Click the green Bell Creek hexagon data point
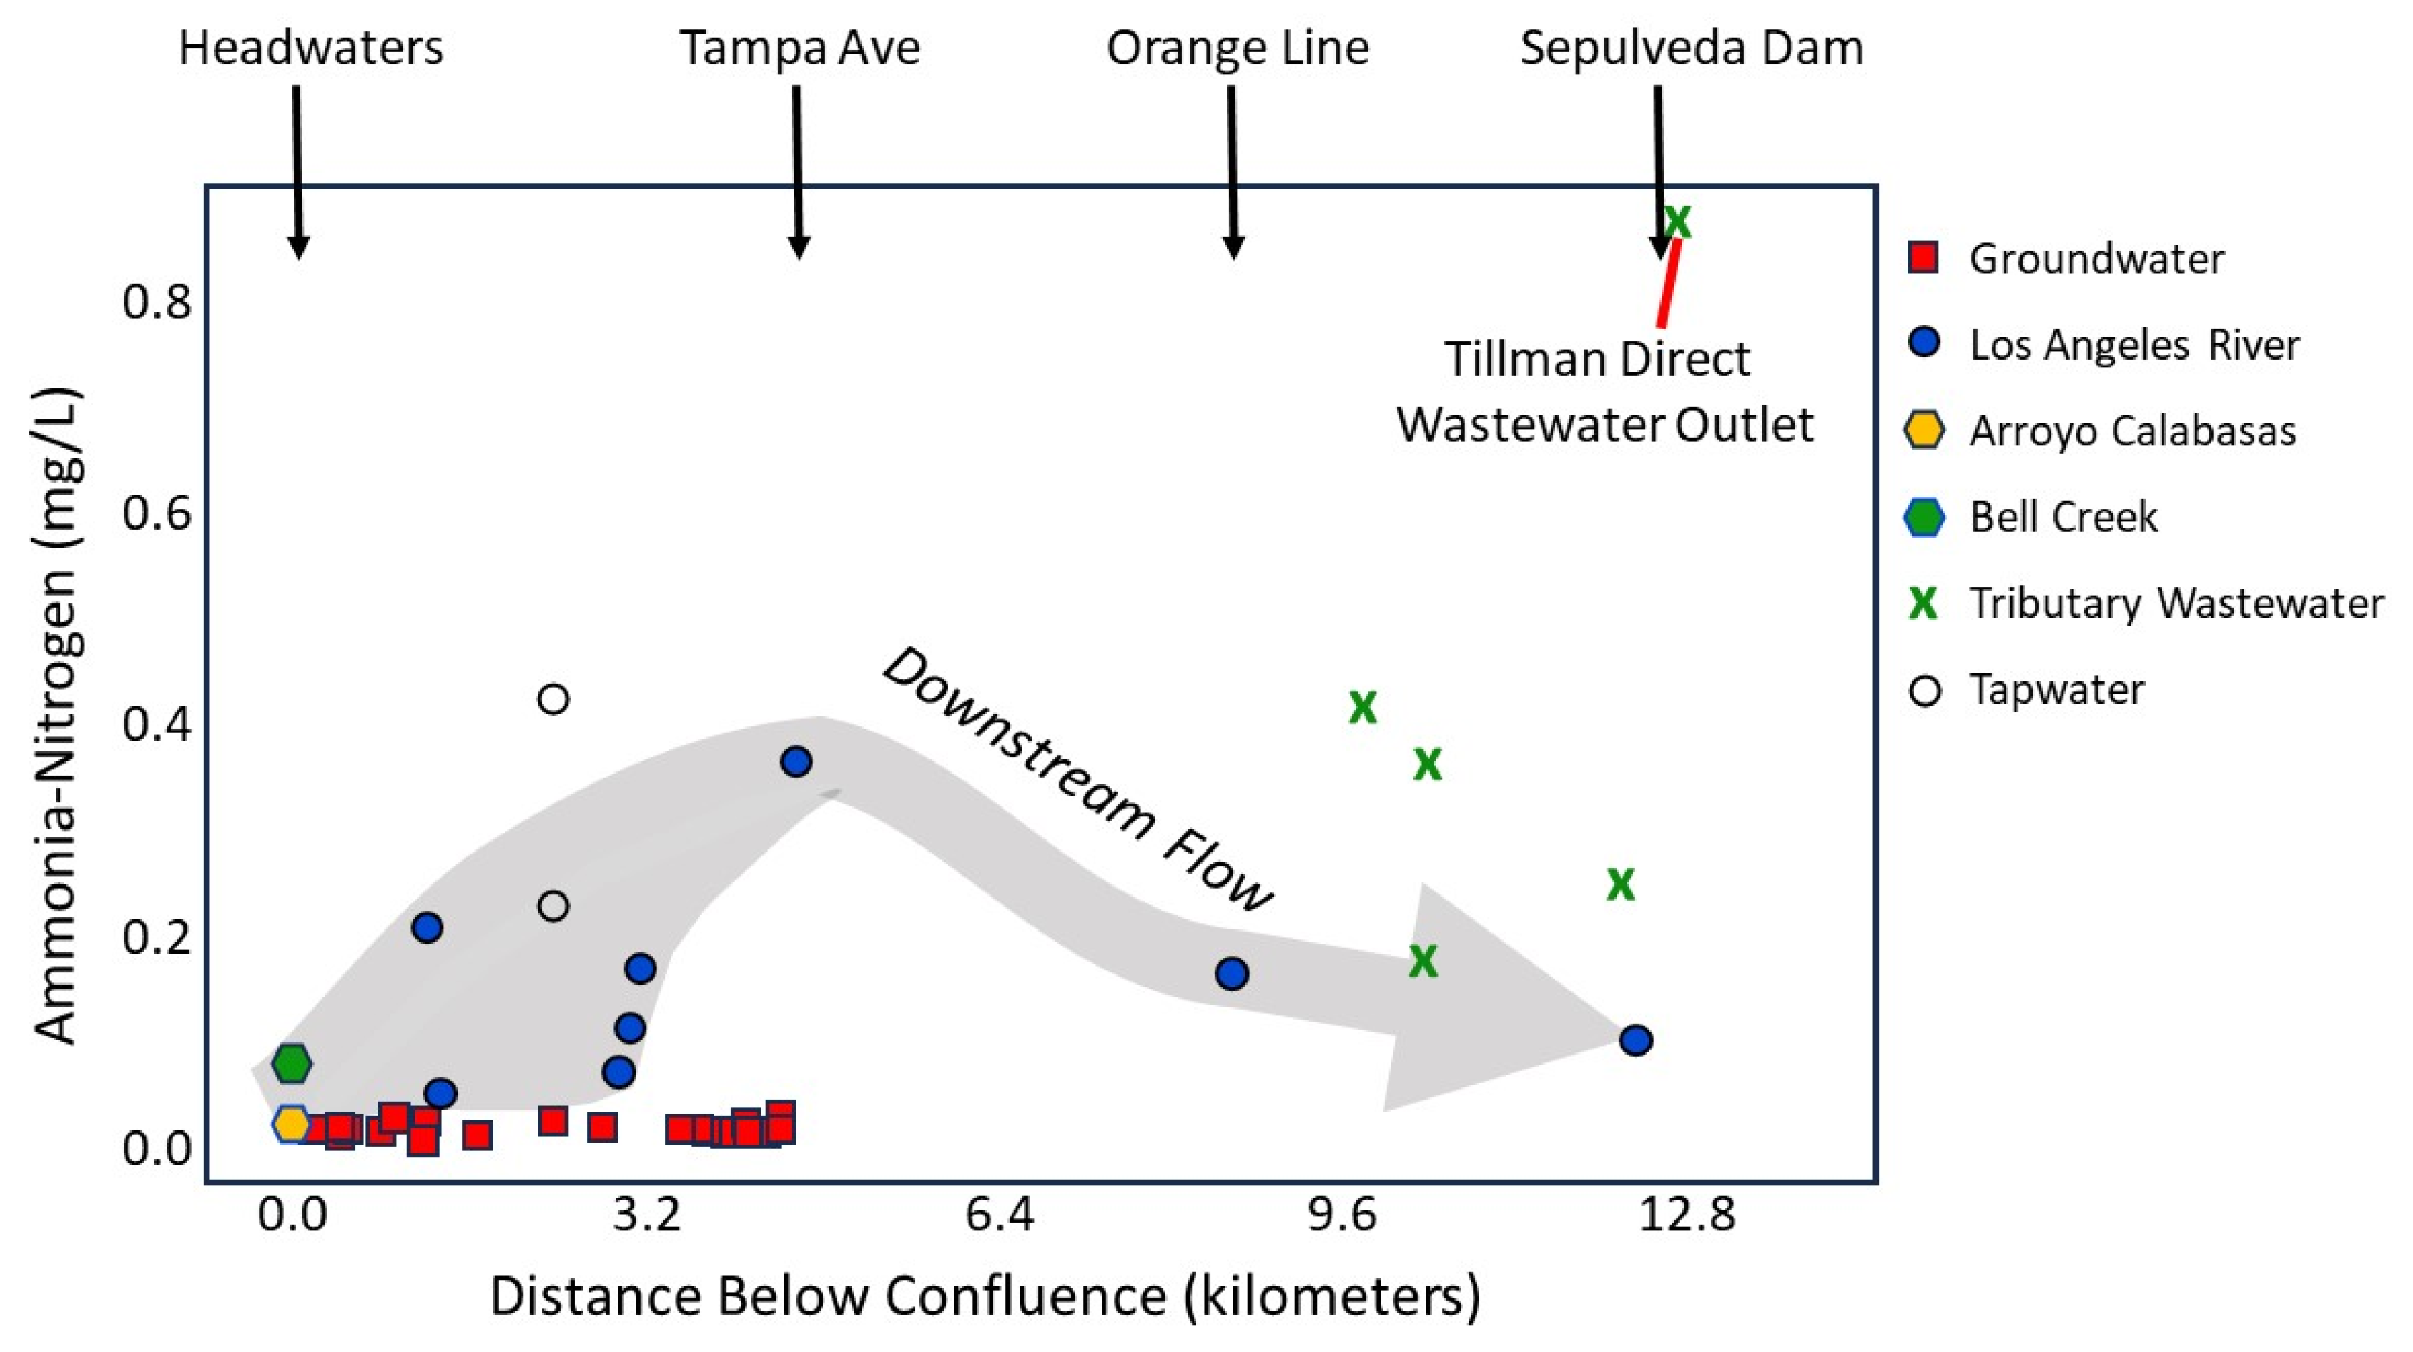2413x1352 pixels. [291, 1063]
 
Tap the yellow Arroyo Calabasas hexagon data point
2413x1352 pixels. [291, 1123]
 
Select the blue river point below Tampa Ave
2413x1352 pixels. [795, 761]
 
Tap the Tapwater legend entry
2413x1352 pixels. [2056, 690]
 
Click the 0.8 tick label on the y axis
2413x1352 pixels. [157, 302]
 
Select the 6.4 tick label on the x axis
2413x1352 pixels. [1000, 1215]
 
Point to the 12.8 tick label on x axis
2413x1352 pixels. [1686, 1215]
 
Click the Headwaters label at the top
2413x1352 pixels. [310, 48]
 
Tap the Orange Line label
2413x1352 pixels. [1238, 48]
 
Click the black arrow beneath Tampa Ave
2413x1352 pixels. [797, 169]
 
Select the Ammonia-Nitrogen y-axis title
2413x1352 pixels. [58, 717]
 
